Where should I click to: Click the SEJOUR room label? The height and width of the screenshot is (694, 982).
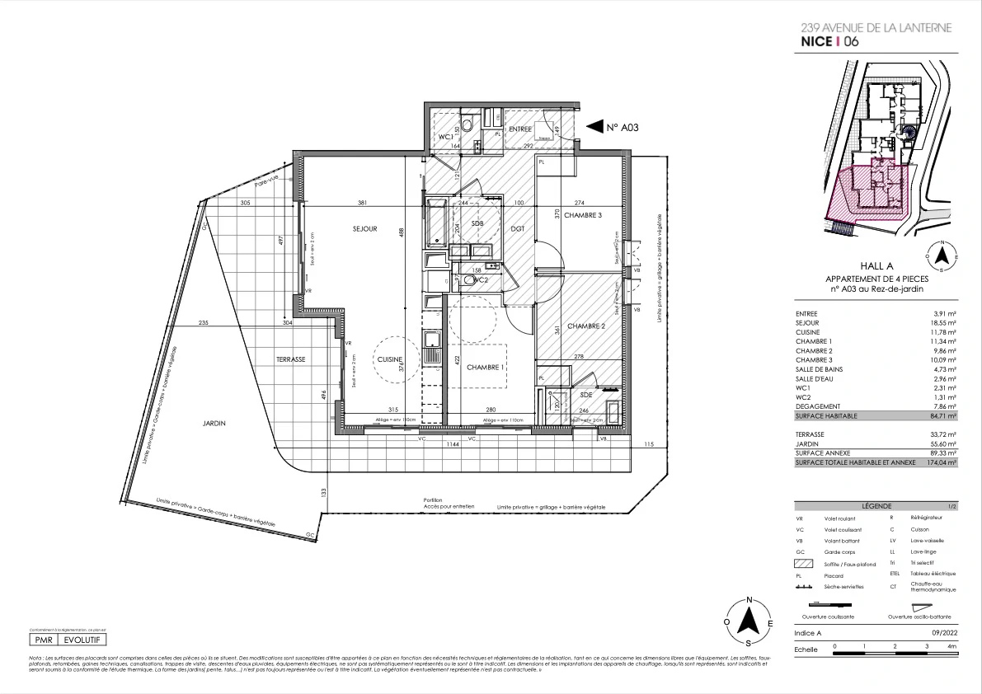tap(363, 229)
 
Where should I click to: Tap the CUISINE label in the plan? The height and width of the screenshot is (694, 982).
tap(389, 360)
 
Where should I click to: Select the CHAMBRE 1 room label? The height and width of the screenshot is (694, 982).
tap(486, 368)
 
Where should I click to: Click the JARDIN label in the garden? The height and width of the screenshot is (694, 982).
tap(214, 423)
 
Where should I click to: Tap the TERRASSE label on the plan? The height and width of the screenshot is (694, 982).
tap(291, 359)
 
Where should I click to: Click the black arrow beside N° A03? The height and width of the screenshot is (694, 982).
tap(594, 127)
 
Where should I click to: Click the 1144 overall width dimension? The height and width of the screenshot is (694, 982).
tap(452, 444)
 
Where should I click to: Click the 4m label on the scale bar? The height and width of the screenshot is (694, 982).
tap(952, 647)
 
